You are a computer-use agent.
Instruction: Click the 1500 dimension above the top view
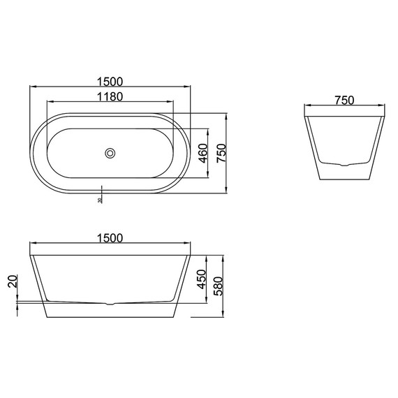tap(110, 81)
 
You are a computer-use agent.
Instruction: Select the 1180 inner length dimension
tap(110, 97)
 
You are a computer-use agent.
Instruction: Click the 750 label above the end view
tap(344, 100)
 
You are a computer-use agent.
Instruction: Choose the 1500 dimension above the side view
tap(110, 238)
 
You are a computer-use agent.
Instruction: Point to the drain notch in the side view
tap(110, 305)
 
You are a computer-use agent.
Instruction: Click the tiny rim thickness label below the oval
tap(101, 200)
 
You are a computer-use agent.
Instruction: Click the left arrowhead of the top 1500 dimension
tap(31, 87)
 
